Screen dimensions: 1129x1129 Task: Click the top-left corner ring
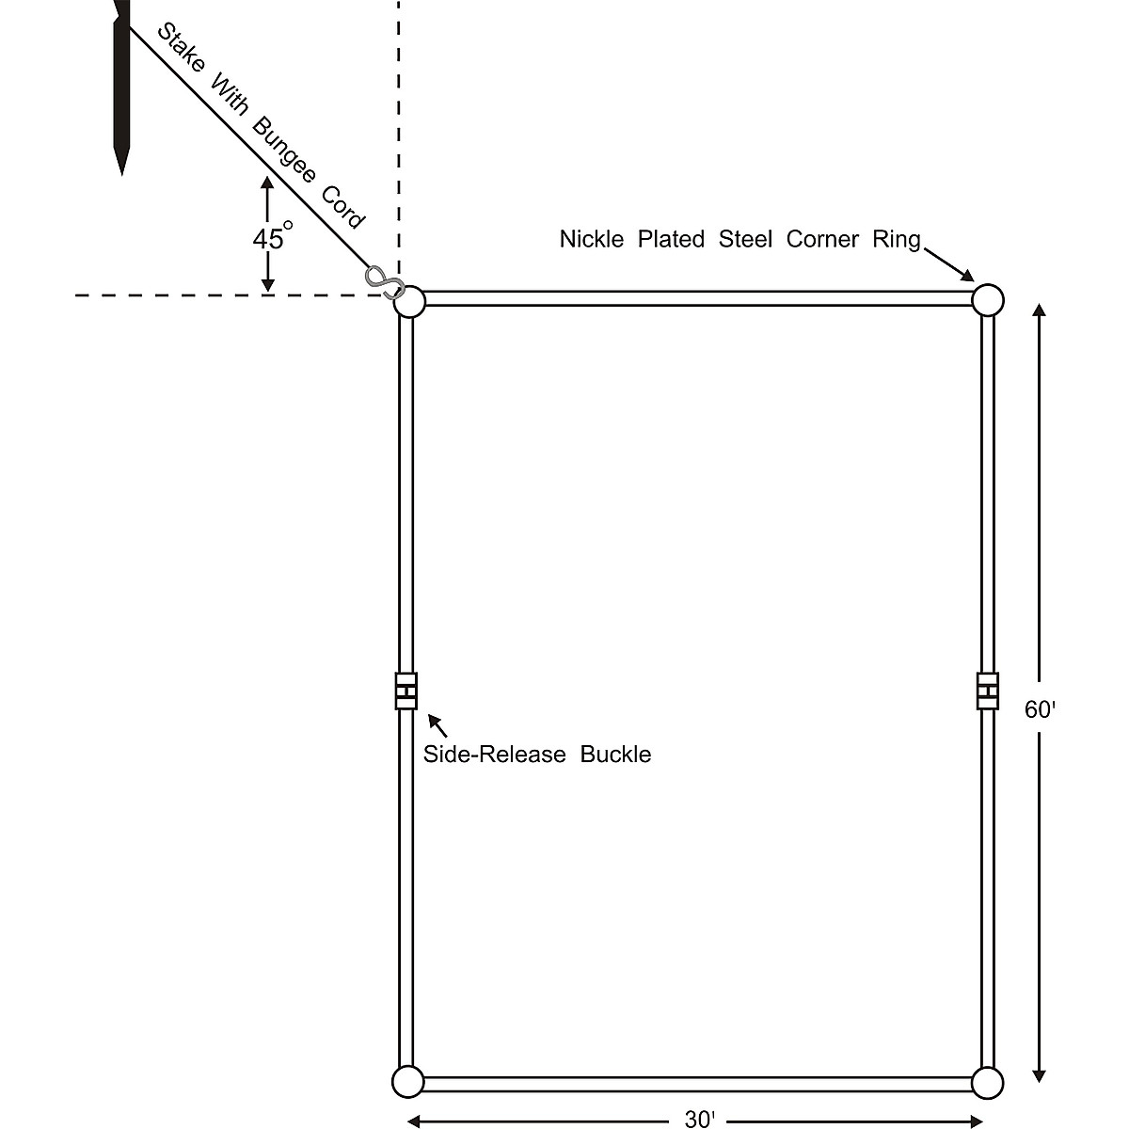point(409,302)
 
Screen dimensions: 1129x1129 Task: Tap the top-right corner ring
point(987,301)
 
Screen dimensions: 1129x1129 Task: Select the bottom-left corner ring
point(408,1082)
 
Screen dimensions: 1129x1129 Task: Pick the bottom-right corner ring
point(987,1082)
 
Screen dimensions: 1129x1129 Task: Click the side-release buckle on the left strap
point(405,691)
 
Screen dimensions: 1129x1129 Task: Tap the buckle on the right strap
point(987,691)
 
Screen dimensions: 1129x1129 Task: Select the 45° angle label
point(272,238)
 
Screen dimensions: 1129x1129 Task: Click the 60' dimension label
point(1040,710)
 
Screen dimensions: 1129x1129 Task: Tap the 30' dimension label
point(699,1119)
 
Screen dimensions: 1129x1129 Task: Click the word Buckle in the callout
point(615,755)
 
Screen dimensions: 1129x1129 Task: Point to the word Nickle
point(592,239)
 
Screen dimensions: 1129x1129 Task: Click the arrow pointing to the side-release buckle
point(437,724)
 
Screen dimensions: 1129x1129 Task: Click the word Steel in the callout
point(746,239)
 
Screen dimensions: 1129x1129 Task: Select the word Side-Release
point(494,755)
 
